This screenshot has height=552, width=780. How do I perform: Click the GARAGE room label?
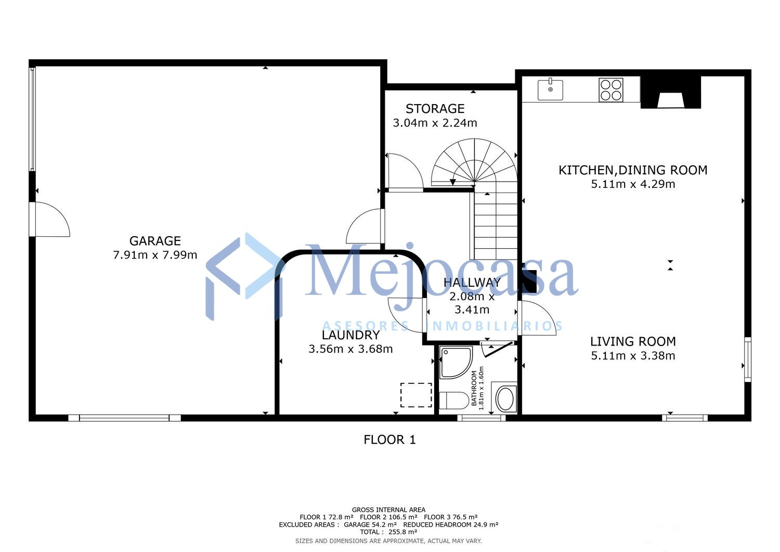(x=155, y=241)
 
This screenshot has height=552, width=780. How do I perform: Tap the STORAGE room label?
(x=435, y=109)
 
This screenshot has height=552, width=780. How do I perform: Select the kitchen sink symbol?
(x=550, y=90)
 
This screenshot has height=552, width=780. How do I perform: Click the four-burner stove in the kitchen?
(x=611, y=90)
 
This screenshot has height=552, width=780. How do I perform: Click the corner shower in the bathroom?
(x=456, y=363)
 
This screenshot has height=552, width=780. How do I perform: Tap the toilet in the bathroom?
(x=454, y=401)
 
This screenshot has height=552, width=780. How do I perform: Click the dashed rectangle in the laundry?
(x=416, y=395)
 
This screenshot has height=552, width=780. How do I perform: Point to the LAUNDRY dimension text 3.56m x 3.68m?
(x=350, y=349)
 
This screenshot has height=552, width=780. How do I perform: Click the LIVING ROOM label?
(x=633, y=341)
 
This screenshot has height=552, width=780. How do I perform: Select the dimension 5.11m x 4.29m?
(x=633, y=184)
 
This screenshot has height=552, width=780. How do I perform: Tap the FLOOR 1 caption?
(x=389, y=440)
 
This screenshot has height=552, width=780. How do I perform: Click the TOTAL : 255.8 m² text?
(x=388, y=532)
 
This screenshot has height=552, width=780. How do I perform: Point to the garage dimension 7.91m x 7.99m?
(x=155, y=255)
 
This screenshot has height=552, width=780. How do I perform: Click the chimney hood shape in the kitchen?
(x=670, y=93)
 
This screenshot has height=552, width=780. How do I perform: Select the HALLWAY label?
(x=472, y=283)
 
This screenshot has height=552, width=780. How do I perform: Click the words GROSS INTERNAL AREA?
(x=388, y=510)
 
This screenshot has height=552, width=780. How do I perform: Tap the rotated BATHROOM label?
(x=474, y=388)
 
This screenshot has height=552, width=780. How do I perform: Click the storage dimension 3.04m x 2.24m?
(x=435, y=123)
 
